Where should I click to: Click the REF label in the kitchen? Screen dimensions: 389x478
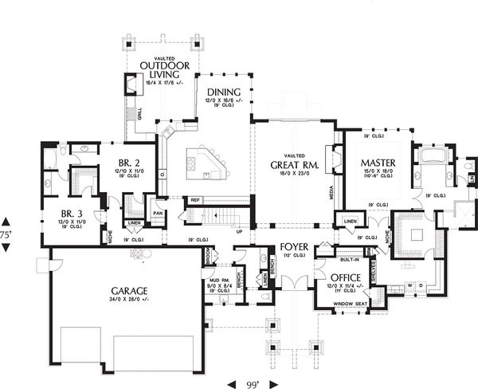(x=194, y=200)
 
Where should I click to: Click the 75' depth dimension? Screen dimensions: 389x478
(x=6, y=235)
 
